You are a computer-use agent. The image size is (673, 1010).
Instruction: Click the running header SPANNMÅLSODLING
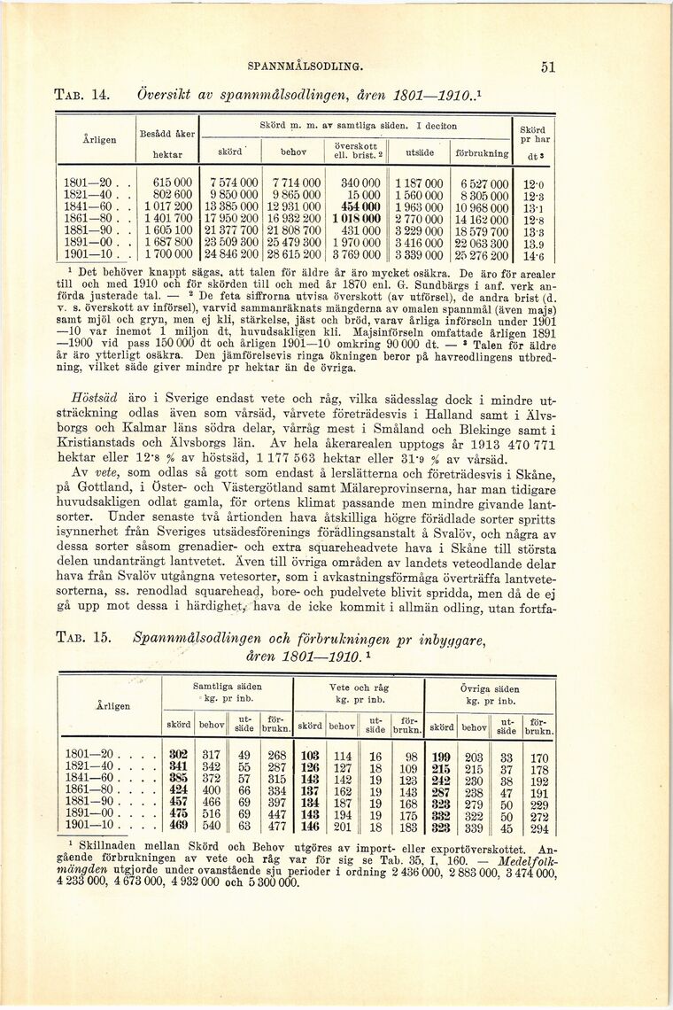pos(305,66)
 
